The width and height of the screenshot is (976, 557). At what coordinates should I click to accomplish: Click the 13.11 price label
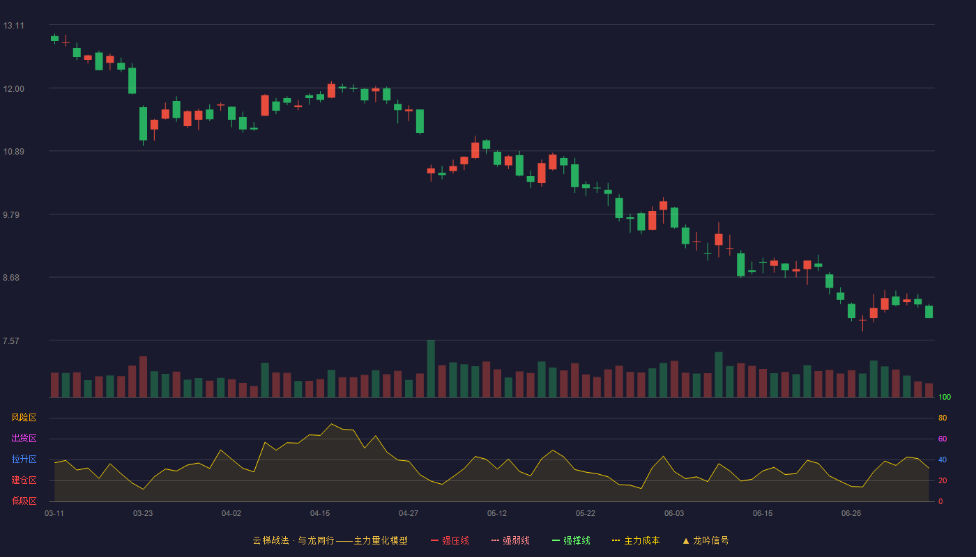[13, 26]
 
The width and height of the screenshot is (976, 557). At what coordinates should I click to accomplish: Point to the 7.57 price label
[11, 340]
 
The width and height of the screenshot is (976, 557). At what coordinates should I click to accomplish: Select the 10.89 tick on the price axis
[13, 152]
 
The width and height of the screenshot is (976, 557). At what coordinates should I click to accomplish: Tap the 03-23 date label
[143, 514]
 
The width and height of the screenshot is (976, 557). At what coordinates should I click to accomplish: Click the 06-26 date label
[851, 514]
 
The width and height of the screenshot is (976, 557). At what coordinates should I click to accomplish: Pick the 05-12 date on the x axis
[496, 514]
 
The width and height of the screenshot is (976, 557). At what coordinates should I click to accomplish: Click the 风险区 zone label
[24, 418]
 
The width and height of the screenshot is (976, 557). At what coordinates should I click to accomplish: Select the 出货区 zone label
[24, 438]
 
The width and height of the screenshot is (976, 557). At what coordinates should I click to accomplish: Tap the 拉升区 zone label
[24, 459]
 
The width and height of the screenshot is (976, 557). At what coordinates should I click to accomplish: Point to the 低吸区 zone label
[24, 501]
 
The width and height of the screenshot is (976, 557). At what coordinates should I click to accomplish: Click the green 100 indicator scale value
[945, 397]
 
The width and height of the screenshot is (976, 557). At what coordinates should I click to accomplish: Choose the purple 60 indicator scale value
[943, 439]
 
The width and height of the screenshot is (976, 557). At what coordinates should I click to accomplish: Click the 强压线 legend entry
[450, 540]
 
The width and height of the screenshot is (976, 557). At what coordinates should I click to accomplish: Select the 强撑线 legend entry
[571, 540]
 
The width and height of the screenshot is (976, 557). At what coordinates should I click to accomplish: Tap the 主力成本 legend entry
[636, 540]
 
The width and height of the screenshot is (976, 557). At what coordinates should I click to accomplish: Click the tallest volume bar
[431, 368]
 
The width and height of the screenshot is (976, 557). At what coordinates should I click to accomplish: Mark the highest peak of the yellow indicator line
[332, 424]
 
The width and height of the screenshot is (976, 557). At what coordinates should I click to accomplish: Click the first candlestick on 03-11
[54, 39]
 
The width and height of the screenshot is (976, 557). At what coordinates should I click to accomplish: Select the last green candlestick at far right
[929, 312]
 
